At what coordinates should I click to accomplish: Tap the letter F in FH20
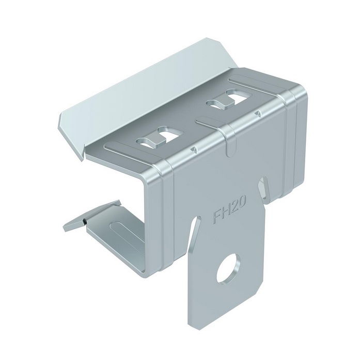[217, 217]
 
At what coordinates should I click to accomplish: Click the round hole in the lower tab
[228, 268]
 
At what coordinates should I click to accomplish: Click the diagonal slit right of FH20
[262, 187]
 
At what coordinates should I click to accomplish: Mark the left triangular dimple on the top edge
[194, 149]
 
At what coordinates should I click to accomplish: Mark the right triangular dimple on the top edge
[258, 113]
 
